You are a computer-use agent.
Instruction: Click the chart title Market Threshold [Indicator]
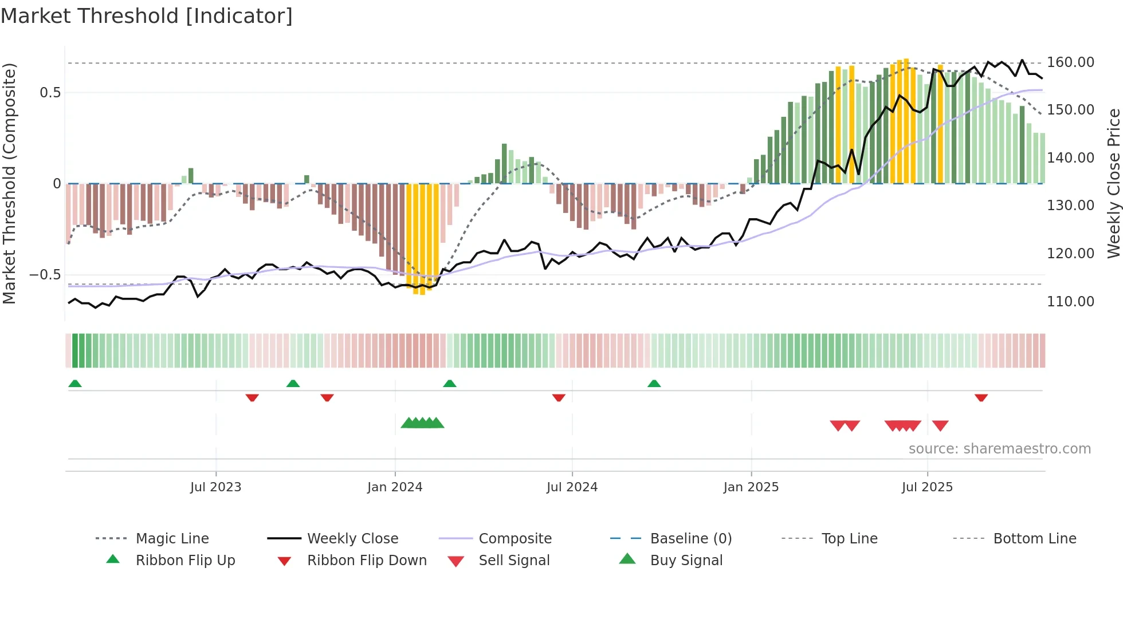click(147, 16)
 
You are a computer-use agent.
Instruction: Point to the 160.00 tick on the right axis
click(1070, 62)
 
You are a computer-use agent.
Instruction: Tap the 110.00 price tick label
click(1070, 301)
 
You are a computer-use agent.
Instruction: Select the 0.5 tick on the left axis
click(50, 93)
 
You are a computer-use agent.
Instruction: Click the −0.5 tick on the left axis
click(45, 275)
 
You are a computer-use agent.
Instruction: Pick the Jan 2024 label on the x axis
click(395, 487)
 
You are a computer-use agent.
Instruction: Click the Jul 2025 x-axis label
click(927, 487)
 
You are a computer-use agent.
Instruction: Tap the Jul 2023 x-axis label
click(216, 487)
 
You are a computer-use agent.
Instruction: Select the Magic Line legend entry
click(172, 539)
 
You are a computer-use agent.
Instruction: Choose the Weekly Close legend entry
click(352, 539)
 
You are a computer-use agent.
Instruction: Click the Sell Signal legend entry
click(514, 561)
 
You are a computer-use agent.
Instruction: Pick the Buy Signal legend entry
click(686, 561)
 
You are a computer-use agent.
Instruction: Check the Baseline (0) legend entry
click(690, 539)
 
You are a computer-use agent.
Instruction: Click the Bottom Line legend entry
click(1034, 539)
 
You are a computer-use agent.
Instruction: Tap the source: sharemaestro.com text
click(999, 449)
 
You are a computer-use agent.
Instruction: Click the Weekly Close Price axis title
click(1113, 183)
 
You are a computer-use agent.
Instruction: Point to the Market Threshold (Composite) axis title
click(9, 183)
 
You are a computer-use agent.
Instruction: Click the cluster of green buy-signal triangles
click(422, 423)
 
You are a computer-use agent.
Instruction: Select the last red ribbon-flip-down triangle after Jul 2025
click(981, 397)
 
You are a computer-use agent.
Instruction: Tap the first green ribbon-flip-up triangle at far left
click(75, 384)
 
